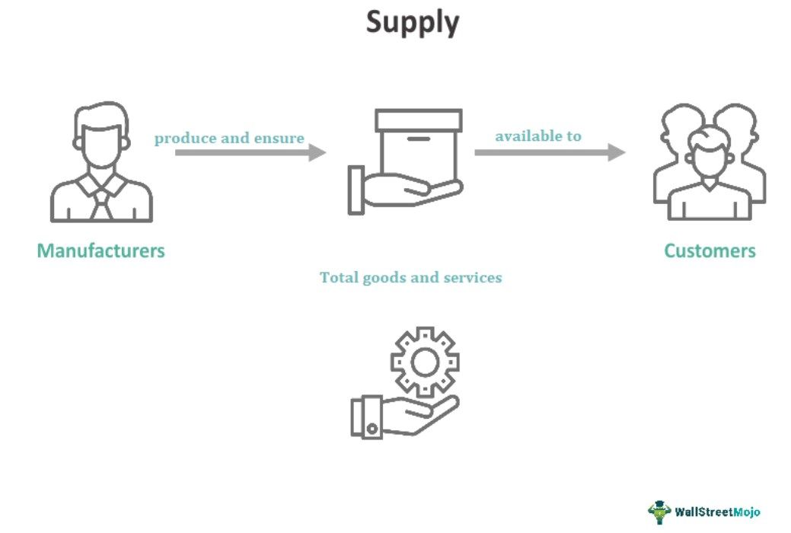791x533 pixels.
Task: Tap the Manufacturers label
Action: coord(100,251)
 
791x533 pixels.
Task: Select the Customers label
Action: coord(710,251)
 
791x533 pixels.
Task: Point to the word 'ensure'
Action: coord(282,139)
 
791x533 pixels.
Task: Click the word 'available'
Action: coord(523,136)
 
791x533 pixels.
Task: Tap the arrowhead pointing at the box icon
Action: coord(317,152)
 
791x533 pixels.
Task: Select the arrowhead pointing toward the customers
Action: coord(617,152)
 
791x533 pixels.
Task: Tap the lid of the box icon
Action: coord(418,120)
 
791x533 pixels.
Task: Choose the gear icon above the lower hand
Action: coord(425,362)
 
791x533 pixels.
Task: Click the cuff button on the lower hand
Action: coord(372,428)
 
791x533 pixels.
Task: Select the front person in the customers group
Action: coord(709,175)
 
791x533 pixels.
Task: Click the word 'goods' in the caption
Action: coord(384,278)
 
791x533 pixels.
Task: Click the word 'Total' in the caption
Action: coord(338,278)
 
